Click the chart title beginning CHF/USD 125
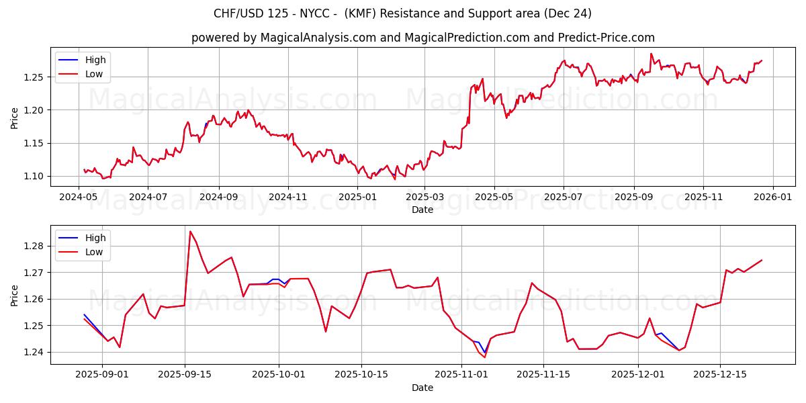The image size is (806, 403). [x=402, y=13]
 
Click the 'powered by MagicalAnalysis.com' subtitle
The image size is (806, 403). [x=423, y=38]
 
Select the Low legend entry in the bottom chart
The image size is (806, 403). [x=94, y=252]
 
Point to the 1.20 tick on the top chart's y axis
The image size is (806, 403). [x=34, y=110]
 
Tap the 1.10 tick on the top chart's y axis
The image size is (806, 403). [x=34, y=176]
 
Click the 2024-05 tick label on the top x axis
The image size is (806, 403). [x=79, y=198]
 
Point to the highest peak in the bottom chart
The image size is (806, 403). [x=190, y=232]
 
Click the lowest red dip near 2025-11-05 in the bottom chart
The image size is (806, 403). [x=484, y=357]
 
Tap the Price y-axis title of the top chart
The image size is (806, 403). [x=15, y=118]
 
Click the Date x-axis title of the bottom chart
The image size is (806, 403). [x=422, y=388]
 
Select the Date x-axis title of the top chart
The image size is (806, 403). [x=422, y=210]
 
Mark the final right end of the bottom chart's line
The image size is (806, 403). [x=762, y=260]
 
